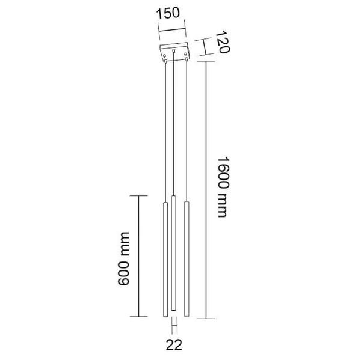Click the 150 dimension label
[x=168, y=13]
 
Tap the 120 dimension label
[x=223, y=42]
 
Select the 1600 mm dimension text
[x=223, y=187]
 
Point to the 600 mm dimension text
[x=123, y=259]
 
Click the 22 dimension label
[x=174, y=345]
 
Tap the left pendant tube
[x=165, y=260]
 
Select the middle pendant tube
[x=174, y=253]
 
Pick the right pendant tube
[x=187, y=258]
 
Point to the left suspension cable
[x=165, y=132]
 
